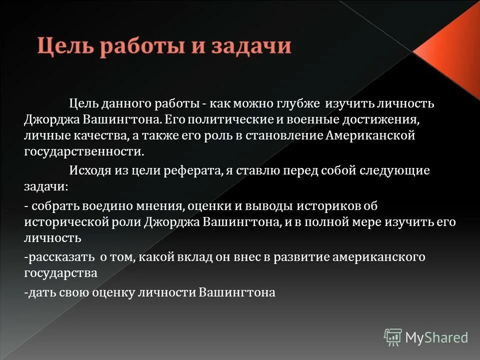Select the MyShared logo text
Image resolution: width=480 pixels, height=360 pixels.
point(436,337)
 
